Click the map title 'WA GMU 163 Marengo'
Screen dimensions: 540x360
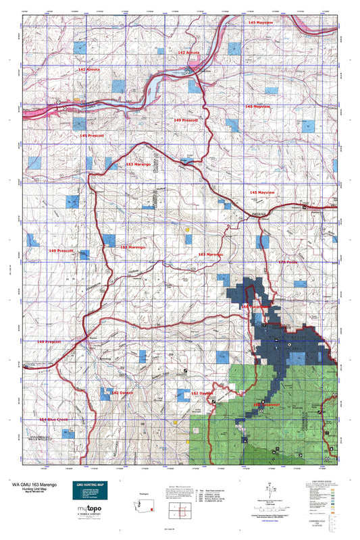tap(42, 485)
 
